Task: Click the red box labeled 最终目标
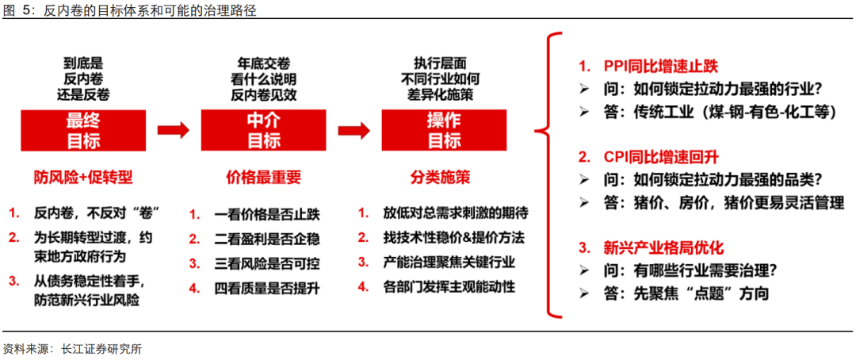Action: (83, 130)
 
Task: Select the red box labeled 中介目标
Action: (263, 130)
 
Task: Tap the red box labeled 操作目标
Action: (443, 130)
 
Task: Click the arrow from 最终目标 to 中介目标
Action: (173, 130)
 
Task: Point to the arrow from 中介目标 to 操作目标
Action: (353, 130)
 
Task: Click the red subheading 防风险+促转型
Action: (83, 178)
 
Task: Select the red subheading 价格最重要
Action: (263, 178)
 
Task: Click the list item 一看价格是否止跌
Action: (267, 215)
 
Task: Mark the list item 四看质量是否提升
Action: (267, 287)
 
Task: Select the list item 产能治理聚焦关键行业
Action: (449, 262)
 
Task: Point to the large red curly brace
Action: (548, 174)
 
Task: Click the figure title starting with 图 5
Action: (129, 10)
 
